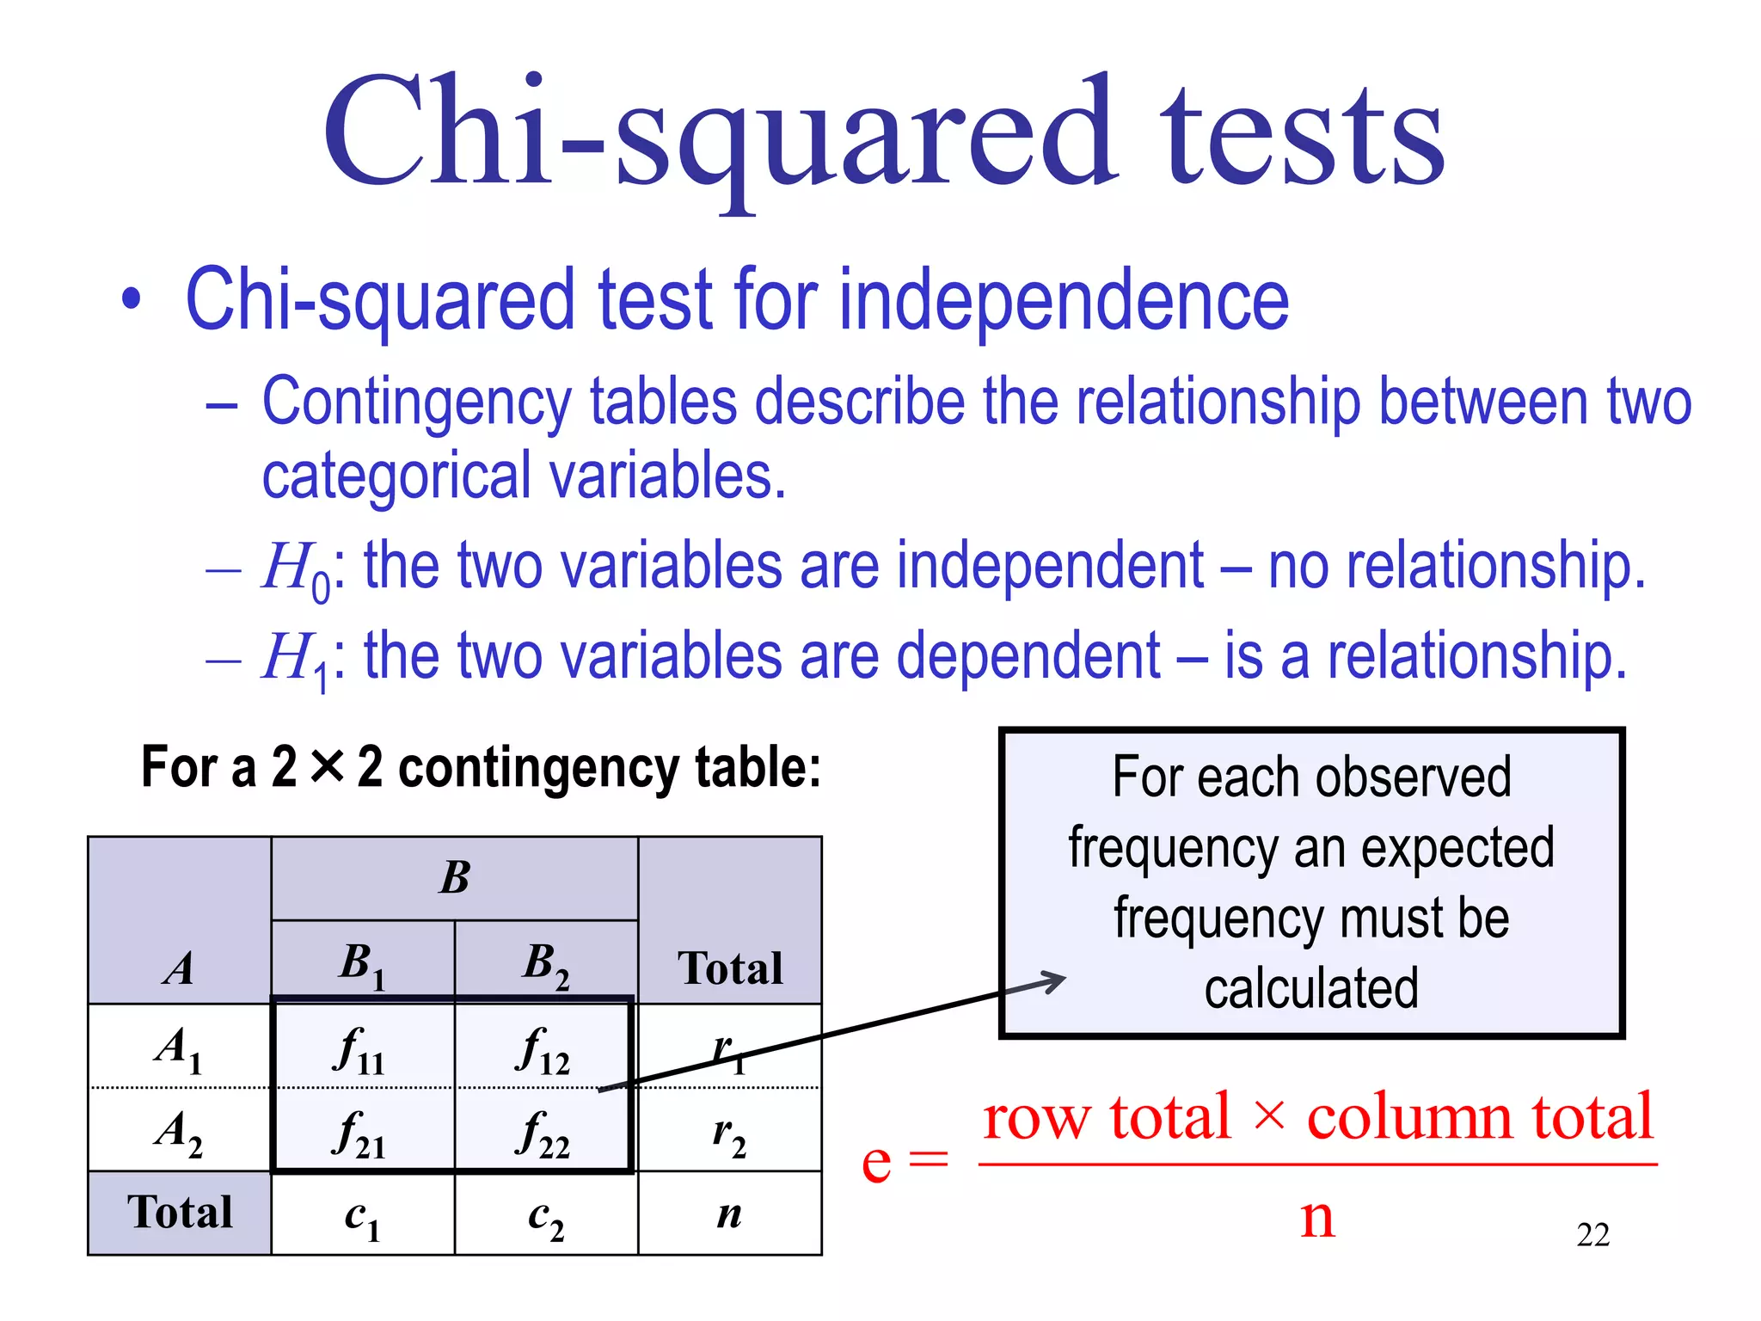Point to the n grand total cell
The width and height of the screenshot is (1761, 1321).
[729, 1214]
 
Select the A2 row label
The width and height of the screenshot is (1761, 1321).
[179, 1132]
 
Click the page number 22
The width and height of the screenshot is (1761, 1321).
[1592, 1235]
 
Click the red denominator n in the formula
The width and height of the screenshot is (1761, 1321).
[1317, 1217]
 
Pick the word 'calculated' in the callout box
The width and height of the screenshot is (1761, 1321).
[1310, 988]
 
